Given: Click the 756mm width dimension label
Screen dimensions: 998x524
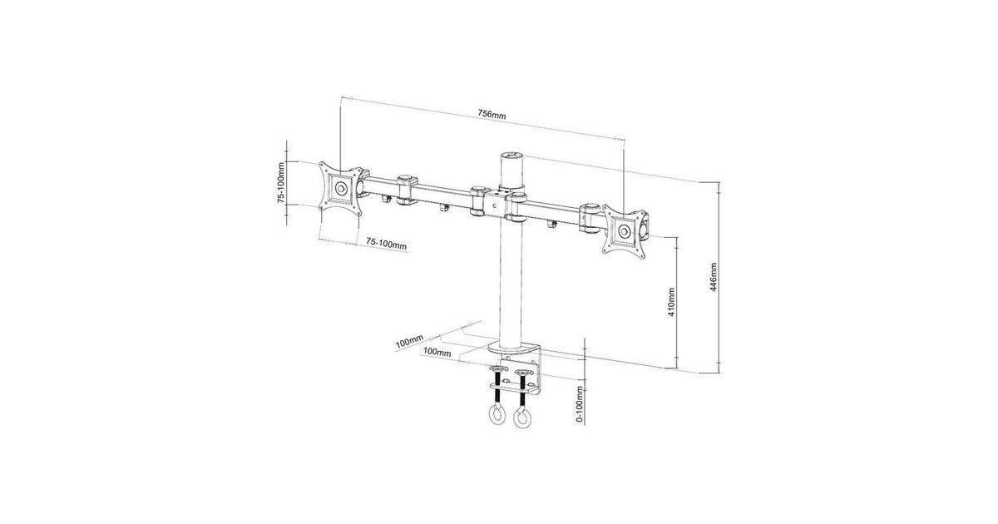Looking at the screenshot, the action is (492, 114).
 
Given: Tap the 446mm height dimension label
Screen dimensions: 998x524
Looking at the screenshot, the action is (714, 277).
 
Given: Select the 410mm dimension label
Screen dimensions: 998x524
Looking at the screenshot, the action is (671, 302).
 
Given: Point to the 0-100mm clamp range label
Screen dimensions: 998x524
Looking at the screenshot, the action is (580, 403).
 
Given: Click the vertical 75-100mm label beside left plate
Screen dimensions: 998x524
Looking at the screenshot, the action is (281, 183).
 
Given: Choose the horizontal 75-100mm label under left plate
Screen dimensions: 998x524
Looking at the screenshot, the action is (386, 243).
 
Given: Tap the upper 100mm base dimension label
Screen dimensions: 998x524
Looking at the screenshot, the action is (409, 341).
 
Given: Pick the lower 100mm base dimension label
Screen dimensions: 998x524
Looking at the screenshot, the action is (437, 352).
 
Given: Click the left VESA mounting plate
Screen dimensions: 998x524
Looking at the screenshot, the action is (341, 189).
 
